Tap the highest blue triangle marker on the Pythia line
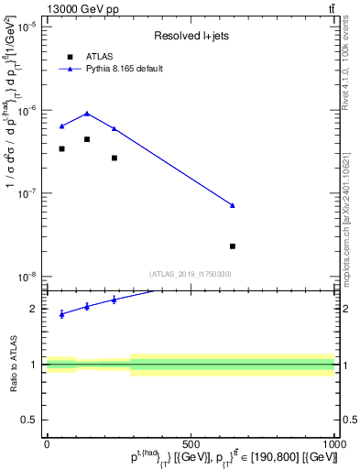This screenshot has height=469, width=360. coord(87,114)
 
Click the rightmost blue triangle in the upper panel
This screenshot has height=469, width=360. coord(233,205)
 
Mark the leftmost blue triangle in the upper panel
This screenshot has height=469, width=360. coord(61,125)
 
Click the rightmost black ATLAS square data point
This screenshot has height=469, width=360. coord(233,246)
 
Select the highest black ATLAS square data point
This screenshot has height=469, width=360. coord(87,139)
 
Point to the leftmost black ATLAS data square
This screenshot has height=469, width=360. coord(61,148)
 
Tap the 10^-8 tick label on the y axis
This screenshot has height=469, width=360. coord(27,277)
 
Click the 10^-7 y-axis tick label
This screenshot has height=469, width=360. coord(27,193)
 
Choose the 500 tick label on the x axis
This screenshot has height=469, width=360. coord(191,444)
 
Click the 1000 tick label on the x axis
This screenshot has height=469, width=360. coord(333,444)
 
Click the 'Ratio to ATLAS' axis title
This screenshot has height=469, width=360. coord(14,365)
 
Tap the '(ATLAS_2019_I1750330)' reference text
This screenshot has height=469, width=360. coord(191,273)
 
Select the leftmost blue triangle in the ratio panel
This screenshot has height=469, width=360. coord(61,314)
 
